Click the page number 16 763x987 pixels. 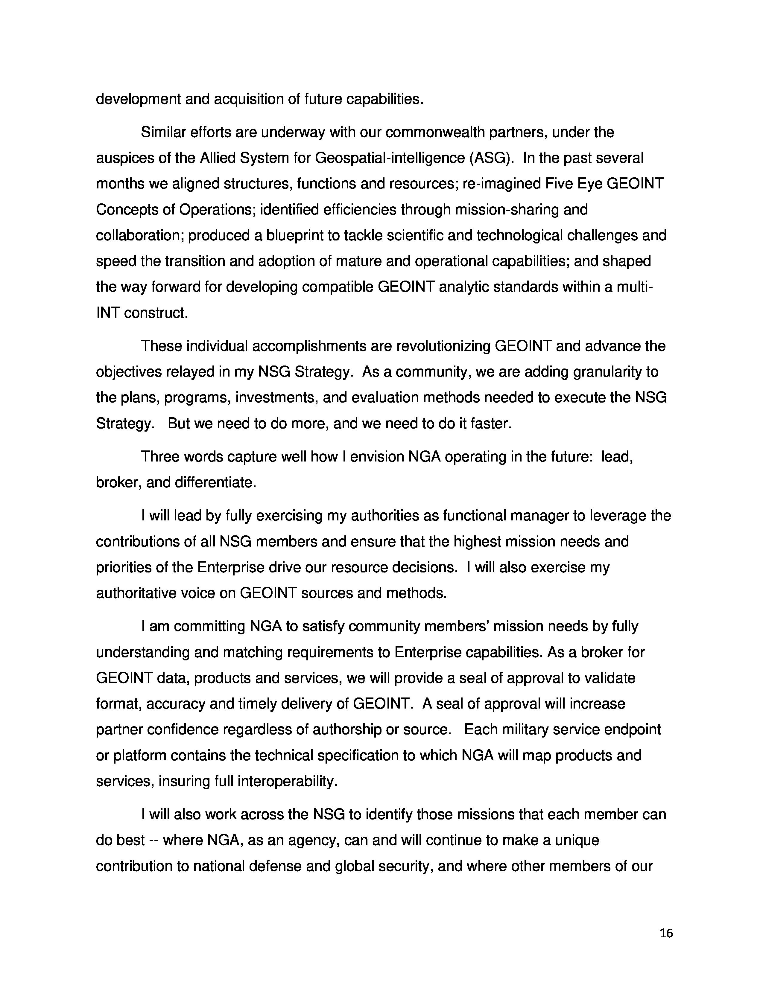pos(666,933)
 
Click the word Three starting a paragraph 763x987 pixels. pos(160,457)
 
